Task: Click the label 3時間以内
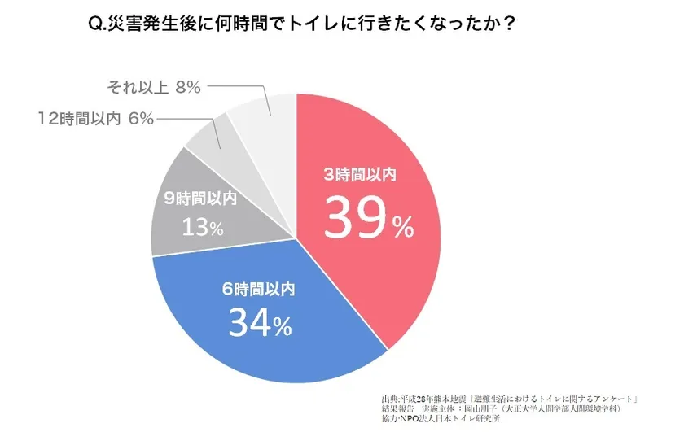tap(359, 173)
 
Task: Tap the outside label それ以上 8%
tap(153, 87)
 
